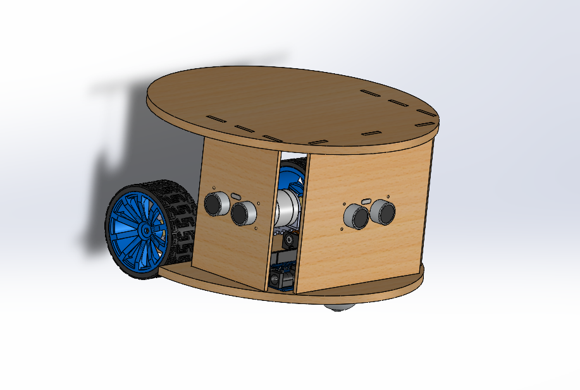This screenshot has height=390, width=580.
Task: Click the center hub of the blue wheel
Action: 145,231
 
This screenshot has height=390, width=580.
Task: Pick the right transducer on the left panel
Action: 242,214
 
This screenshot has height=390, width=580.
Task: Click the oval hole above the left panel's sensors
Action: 235,197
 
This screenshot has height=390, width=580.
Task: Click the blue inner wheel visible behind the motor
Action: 292,174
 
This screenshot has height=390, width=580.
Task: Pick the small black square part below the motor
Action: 289,241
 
